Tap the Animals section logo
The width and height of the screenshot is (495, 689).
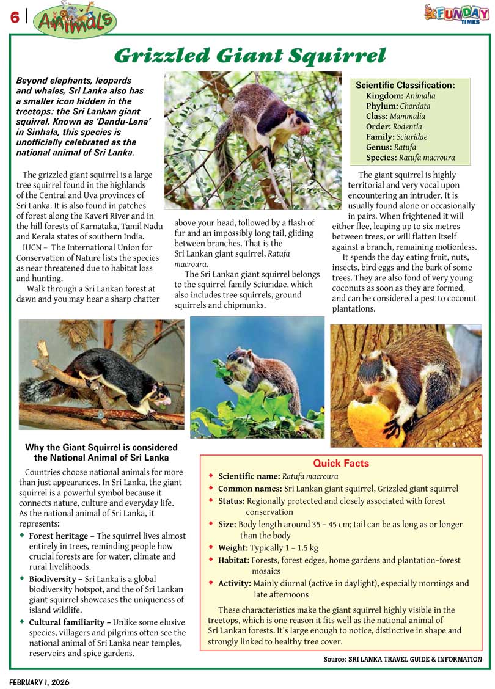click(x=75, y=20)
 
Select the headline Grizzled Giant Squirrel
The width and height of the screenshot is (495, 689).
click(x=250, y=56)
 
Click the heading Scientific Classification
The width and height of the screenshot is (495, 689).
click(x=405, y=86)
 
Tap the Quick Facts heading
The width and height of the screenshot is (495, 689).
click(x=341, y=464)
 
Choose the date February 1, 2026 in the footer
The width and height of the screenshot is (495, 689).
click(x=39, y=682)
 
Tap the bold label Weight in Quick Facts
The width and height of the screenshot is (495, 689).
click(x=233, y=548)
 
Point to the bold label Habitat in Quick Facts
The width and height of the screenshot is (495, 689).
click(x=233, y=560)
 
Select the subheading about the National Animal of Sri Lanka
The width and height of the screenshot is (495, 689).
click(x=101, y=453)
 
